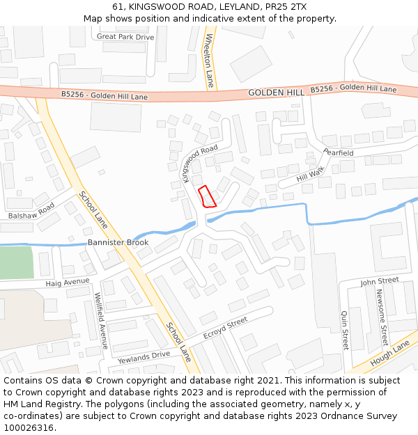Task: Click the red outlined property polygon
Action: tap(207, 197)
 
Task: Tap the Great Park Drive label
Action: tap(125, 36)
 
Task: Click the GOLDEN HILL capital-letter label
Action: tap(276, 93)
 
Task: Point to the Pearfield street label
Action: tap(339, 152)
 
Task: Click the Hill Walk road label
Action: tap(311, 174)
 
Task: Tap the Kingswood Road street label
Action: tap(199, 161)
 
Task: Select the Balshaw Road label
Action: tap(31, 211)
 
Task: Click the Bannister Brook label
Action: tap(118, 242)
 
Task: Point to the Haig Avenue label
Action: tap(68, 283)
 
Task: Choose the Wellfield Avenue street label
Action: tap(102, 320)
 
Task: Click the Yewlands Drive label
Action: tap(144, 356)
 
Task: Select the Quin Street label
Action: tap(344, 330)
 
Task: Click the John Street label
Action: tap(379, 282)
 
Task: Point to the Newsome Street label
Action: tap(382, 317)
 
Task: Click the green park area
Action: tap(15, 263)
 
